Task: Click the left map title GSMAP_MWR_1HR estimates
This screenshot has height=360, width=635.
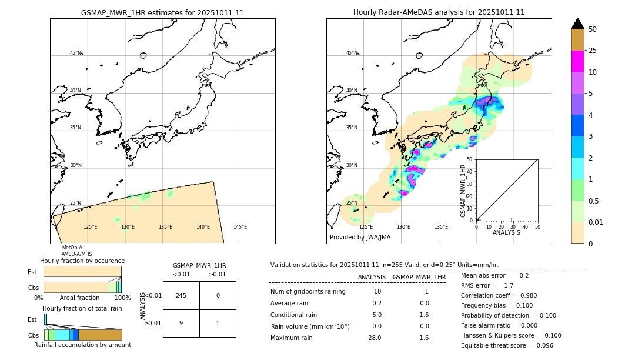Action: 162,12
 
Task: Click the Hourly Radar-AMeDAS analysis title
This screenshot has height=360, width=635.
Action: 439,12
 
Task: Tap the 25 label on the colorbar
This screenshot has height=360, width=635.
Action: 593,51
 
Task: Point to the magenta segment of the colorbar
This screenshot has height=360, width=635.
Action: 577,61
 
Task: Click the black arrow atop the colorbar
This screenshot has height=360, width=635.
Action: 577,24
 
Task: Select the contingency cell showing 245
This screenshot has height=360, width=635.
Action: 181,295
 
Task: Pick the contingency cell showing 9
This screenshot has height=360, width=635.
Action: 181,323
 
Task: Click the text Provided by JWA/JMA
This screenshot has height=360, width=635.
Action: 360,238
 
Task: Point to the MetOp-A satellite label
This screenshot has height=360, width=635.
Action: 72,248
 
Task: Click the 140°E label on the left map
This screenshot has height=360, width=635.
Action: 203,227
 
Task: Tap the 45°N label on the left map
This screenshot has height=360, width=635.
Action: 75,53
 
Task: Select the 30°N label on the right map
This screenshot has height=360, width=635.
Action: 352,165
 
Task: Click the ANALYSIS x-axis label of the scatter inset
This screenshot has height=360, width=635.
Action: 506,232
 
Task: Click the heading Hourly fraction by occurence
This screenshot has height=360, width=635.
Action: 82,261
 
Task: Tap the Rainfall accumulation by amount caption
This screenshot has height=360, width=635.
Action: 82,345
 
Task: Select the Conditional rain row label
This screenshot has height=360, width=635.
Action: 294,315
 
